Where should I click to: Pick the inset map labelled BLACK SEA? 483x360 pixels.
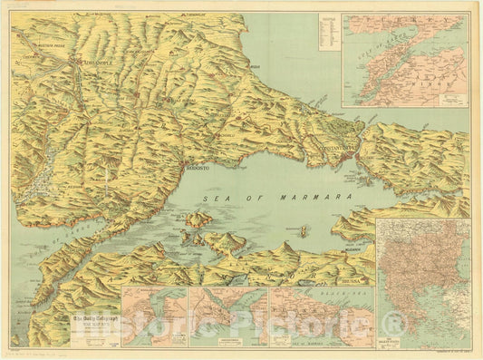321,317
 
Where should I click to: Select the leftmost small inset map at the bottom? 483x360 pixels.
154,317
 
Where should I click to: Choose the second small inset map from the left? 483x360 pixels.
227,317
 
